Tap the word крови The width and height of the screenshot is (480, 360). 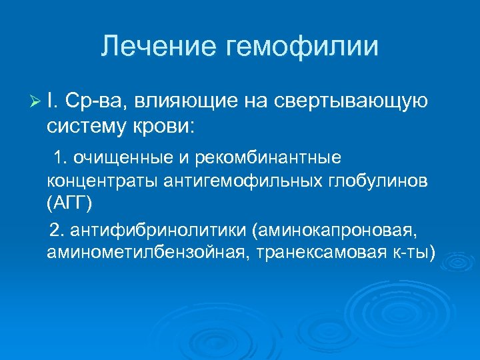170,125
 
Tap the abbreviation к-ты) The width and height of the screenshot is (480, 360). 411,253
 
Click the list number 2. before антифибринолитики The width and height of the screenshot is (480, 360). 55,231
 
